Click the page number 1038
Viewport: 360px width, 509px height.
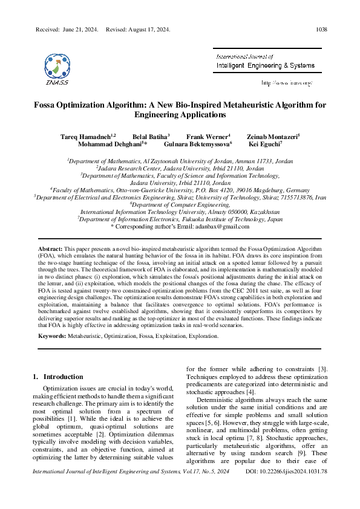[x=321, y=29]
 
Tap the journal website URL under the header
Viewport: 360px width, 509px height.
[x=287, y=82]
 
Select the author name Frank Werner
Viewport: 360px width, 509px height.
[x=208, y=137]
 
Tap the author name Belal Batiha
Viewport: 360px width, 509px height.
[x=150, y=137]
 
